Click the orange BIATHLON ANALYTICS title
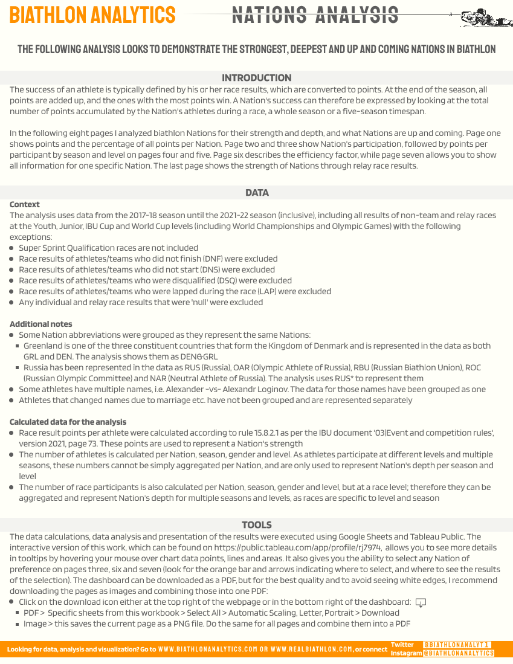coord(92,15)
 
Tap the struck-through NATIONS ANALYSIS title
coord(315,15)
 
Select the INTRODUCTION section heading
coord(256,78)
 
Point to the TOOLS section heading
coord(256,525)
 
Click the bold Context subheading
coord(25,204)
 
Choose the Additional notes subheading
coord(40,324)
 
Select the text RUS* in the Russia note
coord(360,378)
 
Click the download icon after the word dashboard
coord(421,602)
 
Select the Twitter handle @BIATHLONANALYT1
coord(457,645)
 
